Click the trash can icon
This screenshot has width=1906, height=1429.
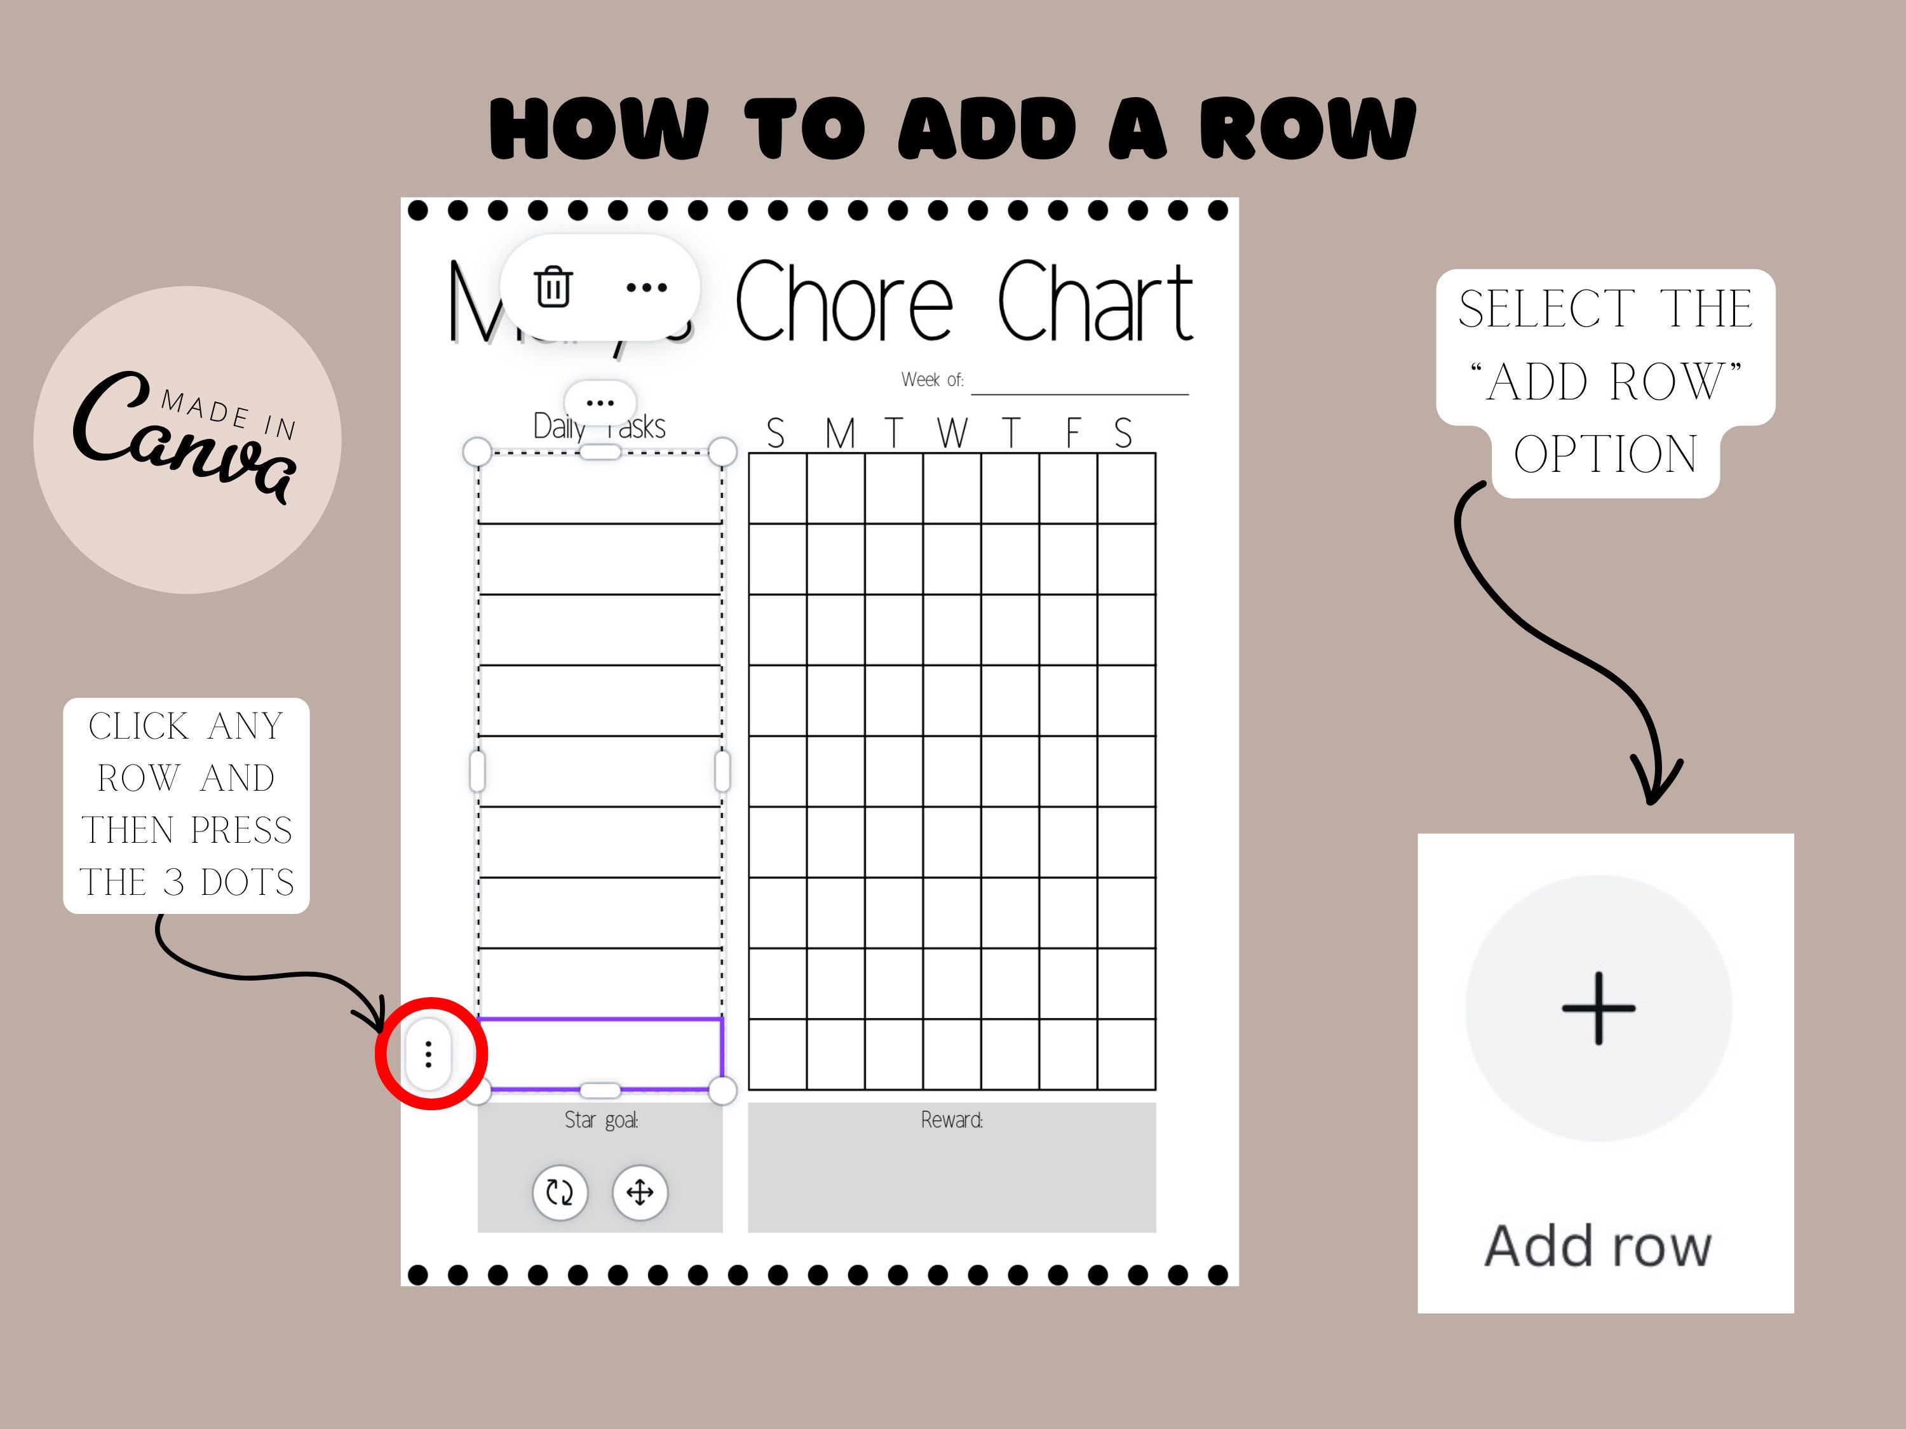coord(553,287)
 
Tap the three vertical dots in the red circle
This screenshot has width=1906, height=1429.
coord(428,1054)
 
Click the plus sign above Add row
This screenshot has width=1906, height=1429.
coord(1598,1008)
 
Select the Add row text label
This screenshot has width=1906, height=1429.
coord(1597,1245)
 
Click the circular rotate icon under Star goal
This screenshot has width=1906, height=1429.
coord(560,1193)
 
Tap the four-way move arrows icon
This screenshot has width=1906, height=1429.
coord(639,1193)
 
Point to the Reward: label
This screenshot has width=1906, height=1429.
coord(951,1120)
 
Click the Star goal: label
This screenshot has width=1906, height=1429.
coord(600,1120)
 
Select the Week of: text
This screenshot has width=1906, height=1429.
coord(932,380)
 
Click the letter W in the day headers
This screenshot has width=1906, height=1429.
coord(952,433)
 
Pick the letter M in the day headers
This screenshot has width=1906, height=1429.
coord(839,433)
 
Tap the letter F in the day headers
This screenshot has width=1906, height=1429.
coord(1073,433)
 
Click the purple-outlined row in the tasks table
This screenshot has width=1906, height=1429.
coord(600,1054)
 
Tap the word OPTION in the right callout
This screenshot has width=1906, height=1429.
coord(1605,454)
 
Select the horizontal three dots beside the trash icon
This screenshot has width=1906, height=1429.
coord(646,287)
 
